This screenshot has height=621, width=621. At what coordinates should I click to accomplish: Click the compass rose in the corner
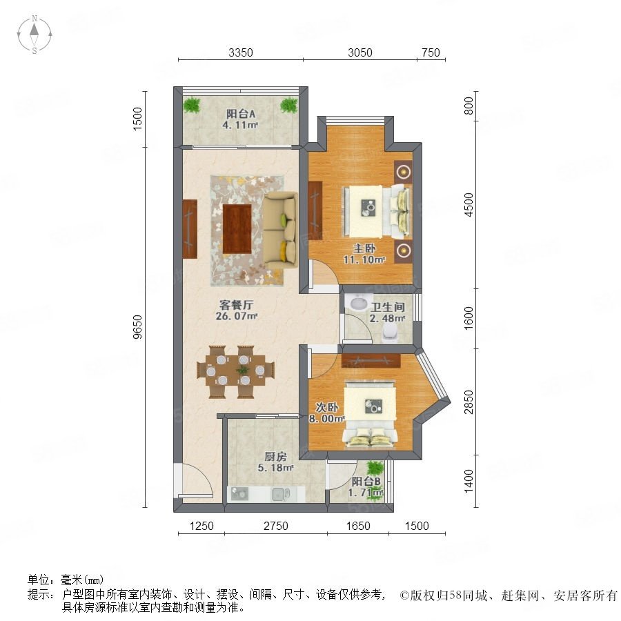coord(34,34)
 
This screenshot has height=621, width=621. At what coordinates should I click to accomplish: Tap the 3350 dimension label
coord(240,52)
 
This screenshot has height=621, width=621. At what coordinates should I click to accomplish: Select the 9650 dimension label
coord(137,327)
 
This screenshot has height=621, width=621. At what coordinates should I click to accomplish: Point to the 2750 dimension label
coord(275,526)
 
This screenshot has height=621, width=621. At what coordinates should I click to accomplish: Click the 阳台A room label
coord(241,114)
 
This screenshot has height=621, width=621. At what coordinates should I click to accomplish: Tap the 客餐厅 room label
coord(236,305)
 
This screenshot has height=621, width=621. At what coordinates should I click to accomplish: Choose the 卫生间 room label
coord(388,307)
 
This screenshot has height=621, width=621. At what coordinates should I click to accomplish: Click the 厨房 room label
coord(275,457)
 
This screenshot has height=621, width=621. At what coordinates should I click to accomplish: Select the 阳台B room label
coord(366,482)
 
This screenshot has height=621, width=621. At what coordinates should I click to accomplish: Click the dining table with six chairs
coord(236,371)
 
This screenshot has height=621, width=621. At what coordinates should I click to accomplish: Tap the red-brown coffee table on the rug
coord(237,228)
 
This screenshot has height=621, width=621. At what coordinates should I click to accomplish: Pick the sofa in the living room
coord(280,230)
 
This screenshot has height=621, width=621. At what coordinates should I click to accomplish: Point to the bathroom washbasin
coord(358,303)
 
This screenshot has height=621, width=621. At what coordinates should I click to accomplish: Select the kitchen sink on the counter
coord(280,493)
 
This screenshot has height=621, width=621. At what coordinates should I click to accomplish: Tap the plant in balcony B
coord(375,468)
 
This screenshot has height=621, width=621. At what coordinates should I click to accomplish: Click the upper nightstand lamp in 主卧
coord(404,172)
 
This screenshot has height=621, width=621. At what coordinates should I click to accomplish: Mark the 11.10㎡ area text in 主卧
coord(364,260)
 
